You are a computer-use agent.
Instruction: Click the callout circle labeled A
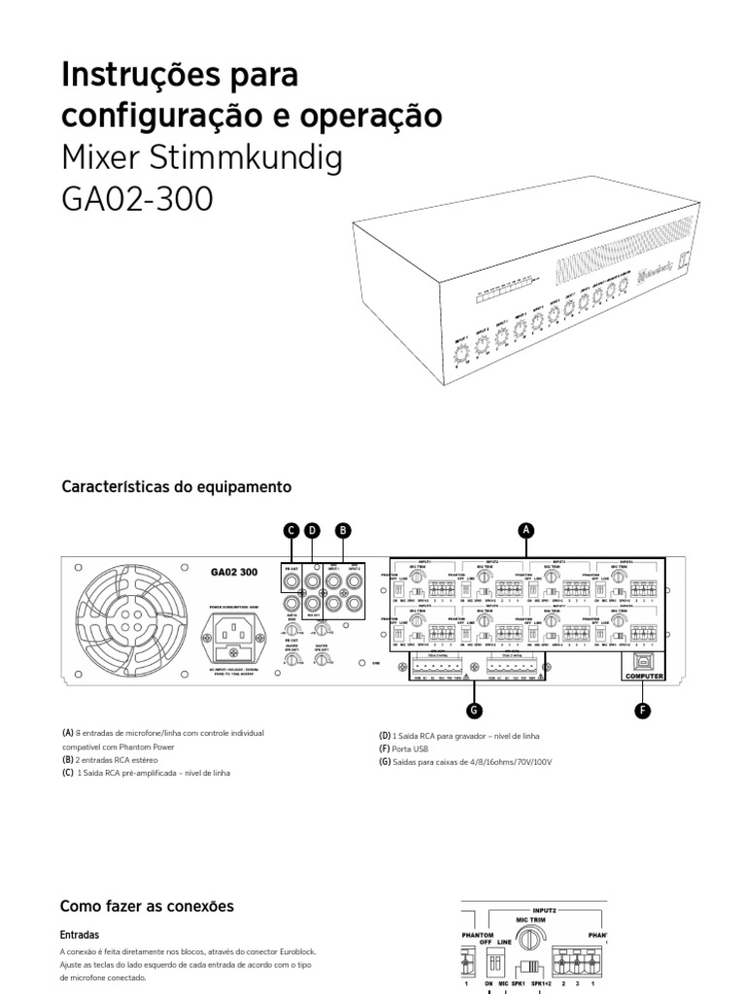(x=526, y=530)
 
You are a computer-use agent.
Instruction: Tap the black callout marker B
(x=341, y=530)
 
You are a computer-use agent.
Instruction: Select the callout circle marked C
(x=290, y=530)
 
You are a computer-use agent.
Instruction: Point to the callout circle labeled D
(x=312, y=530)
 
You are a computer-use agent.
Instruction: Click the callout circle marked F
(x=642, y=711)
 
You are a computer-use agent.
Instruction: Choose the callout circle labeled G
(x=475, y=711)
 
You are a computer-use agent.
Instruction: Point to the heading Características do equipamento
(x=176, y=484)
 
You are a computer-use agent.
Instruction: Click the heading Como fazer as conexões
(x=148, y=906)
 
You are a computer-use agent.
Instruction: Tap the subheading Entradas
(x=80, y=935)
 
